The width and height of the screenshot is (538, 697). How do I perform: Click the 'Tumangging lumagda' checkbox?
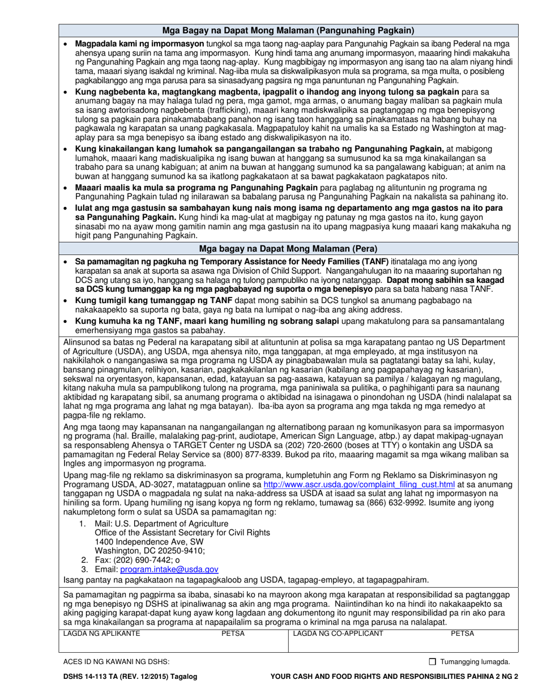coord(433,661)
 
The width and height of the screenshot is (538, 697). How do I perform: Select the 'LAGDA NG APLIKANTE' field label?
coord(101,633)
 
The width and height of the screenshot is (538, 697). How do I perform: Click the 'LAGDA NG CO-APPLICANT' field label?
coord(338,633)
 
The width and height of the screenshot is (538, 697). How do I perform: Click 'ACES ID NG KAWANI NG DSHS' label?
coord(116,661)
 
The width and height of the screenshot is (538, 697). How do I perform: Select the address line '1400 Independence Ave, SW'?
coord(142,541)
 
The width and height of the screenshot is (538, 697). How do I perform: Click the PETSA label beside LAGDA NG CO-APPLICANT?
coord(462,633)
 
